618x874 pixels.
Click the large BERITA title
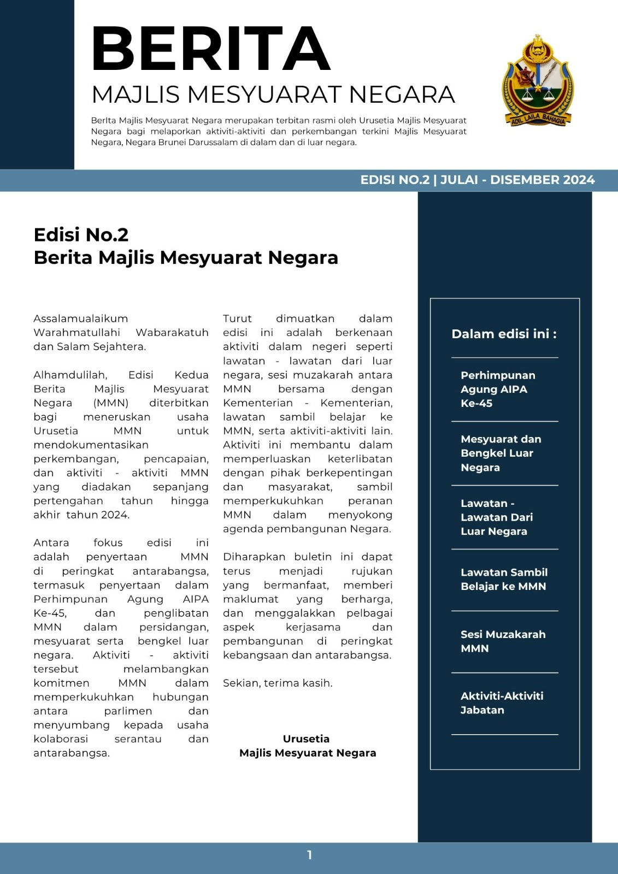coord(211,49)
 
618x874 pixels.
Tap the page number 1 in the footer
coord(309,855)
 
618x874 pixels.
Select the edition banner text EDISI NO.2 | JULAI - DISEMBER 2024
coord(477,180)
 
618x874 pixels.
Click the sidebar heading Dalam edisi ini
coord(504,334)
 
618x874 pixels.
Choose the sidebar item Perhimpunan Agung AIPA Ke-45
coord(497,389)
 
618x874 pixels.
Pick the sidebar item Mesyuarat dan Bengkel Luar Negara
coord(501,453)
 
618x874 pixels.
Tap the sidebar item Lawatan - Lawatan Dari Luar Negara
coord(496,517)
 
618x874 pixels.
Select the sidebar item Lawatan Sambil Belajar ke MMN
coord(503,579)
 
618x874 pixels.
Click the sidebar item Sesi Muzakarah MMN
coord(503,641)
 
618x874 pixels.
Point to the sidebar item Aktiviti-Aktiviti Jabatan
coord(502,703)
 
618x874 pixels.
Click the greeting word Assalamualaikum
coord(80,318)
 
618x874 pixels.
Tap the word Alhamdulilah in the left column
coord(70,375)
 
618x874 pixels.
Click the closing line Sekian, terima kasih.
coord(278,683)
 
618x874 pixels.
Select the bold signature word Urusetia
coord(306,739)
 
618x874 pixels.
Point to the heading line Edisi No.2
coord(81,234)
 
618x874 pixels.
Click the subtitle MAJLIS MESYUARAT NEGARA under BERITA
coord(273,95)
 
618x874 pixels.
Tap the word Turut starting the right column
coord(237,318)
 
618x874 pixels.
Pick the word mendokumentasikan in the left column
coord(91,445)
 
